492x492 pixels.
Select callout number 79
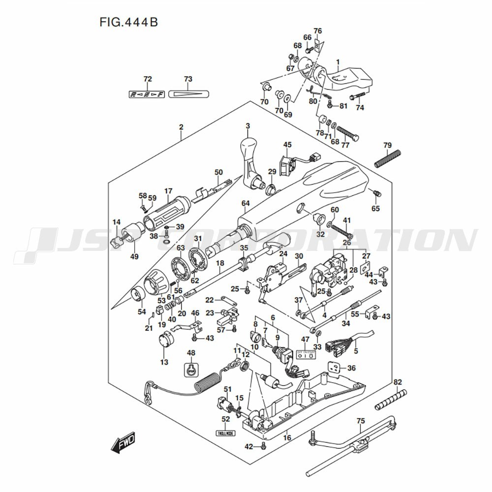coord(387,145)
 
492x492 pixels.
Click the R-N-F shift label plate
coord(147,93)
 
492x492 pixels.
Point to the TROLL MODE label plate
coord(225,433)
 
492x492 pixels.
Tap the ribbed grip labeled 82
coord(391,400)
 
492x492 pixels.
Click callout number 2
coord(181,127)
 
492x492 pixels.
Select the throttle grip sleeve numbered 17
coord(166,212)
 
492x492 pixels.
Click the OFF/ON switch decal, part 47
coord(305,355)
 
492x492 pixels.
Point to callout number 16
coord(287,438)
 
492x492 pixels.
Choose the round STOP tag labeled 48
coord(191,369)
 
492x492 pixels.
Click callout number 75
coord(361,421)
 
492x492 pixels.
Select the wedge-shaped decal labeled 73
coord(188,93)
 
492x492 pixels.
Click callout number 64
coord(246,203)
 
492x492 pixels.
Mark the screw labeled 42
coord(264,446)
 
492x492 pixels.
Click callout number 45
coord(287,144)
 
